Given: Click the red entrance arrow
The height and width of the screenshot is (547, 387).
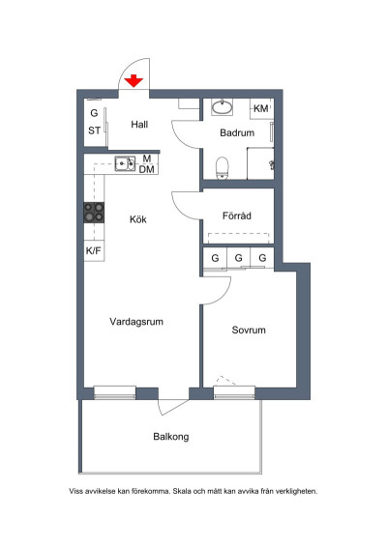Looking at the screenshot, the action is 134,81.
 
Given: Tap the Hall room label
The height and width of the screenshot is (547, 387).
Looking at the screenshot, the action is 139,125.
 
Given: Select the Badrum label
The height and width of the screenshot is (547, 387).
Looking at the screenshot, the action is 237,133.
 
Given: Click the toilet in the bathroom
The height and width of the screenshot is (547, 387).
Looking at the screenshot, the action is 222,168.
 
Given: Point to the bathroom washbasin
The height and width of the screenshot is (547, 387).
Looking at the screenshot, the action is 222,107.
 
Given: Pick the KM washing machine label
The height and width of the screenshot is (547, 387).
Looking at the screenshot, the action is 261,108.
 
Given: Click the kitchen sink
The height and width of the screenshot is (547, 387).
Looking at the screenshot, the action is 125,163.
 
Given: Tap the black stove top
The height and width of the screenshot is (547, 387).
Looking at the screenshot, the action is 94,213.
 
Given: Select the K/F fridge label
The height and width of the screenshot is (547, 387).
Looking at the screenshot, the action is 93,250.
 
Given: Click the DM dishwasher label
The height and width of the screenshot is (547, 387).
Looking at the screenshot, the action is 147,169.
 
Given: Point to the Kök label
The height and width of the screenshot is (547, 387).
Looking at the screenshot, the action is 138,219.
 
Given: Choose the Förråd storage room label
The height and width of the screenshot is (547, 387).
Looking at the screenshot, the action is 237,216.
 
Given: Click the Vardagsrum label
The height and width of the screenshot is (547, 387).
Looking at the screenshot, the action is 136,322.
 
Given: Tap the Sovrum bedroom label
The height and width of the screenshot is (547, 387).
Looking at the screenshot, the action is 249,330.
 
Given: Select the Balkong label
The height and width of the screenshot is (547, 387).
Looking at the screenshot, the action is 171,437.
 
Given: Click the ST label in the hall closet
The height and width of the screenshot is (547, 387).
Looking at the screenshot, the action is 94,130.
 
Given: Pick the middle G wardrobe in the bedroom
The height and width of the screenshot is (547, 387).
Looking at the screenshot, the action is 239,258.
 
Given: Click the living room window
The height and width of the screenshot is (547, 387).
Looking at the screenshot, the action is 114,392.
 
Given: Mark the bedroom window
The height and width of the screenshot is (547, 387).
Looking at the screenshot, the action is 234,392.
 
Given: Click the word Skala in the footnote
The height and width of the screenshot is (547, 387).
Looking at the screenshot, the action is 182,491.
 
